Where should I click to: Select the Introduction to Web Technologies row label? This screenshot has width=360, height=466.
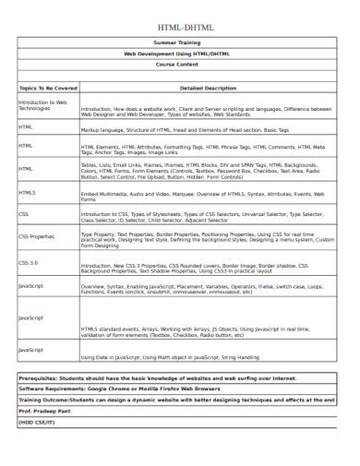42,105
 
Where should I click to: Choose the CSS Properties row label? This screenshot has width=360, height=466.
37,237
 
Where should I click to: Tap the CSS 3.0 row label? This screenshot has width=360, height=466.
30,263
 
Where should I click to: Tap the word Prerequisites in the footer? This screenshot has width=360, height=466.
43,378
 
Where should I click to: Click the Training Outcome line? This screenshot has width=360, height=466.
175,400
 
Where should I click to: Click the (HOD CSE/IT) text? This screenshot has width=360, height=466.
39,423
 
